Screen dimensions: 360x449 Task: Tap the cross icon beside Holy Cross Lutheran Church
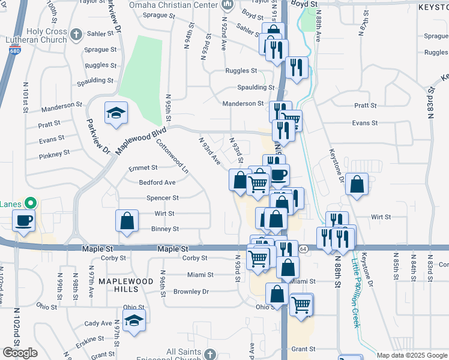point(76,34)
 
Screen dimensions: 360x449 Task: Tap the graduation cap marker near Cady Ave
point(134,322)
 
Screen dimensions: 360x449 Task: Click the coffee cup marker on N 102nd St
point(24,220)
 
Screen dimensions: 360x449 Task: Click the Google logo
point(20,353)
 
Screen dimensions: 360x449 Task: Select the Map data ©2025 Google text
point(412,355)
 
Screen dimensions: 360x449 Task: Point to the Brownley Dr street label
point(191,292)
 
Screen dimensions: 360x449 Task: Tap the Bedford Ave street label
point(157,182)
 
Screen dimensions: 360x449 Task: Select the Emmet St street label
point(143,168)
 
